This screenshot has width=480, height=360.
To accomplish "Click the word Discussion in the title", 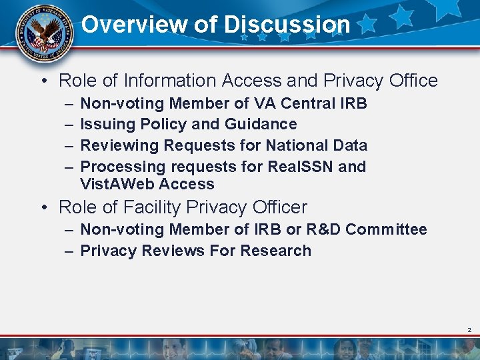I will coord(287,25).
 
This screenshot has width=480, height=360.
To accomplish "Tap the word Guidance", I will coord(261,124).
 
